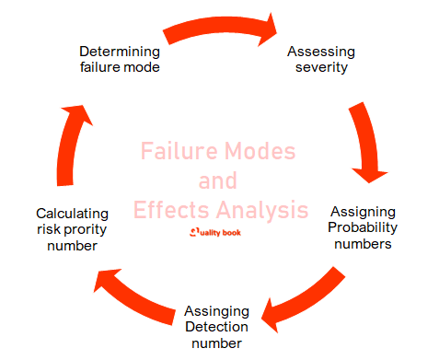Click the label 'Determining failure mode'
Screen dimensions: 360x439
pos(121,58)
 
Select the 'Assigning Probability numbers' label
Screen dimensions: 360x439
pos(362,227)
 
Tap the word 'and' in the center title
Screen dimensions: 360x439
pos(218,180)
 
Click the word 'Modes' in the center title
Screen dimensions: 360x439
pos(263,151)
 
